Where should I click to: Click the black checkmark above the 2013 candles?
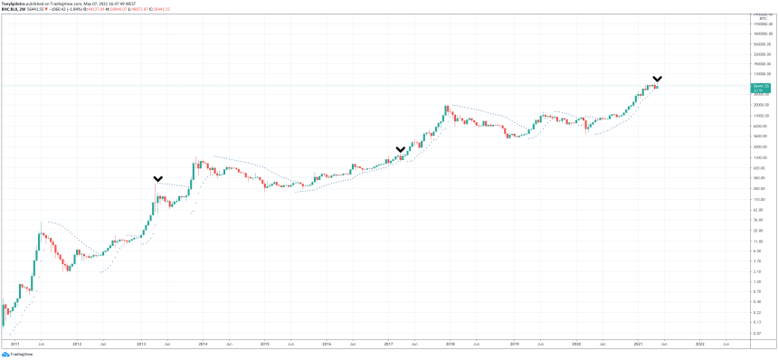pos(158,179)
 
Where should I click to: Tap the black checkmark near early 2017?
pos(400,149)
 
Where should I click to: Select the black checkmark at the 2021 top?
pos(658,79)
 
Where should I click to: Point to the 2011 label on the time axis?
pos(14,345)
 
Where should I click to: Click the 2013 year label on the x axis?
pos(140,345)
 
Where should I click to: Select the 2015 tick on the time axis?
pos(264,345)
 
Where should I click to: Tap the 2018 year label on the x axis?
pos(450,345)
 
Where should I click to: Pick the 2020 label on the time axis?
pos(575,345)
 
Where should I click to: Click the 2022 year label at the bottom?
pos(699,345)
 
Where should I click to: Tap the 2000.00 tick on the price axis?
pos(760,147)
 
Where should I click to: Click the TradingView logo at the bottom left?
pos(20,355)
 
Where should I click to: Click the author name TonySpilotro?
pos(17,4)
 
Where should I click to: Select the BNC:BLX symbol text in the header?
pos(13,9)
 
